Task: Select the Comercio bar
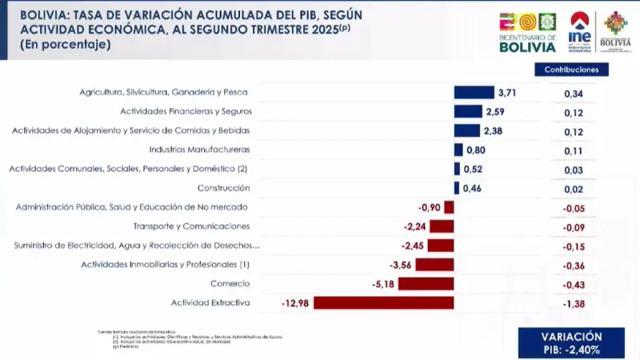coord(426,284)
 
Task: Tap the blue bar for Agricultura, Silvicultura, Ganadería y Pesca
coord(474,92)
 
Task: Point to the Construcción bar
coord(457,188)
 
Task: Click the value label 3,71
coord(507,93)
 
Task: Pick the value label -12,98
coord(295,302)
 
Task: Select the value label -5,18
coord(383,284)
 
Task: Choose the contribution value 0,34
coord(573,94)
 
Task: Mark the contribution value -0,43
coord(573,285)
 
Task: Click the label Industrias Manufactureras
coord(200,150)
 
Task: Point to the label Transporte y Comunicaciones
coord(191,226)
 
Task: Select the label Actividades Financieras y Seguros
coord(186,111)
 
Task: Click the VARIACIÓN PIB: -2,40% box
coord(571,343)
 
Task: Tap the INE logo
coord(579,33)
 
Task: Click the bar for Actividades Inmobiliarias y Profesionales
coord(434,265)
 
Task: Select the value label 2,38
coord(492,131)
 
